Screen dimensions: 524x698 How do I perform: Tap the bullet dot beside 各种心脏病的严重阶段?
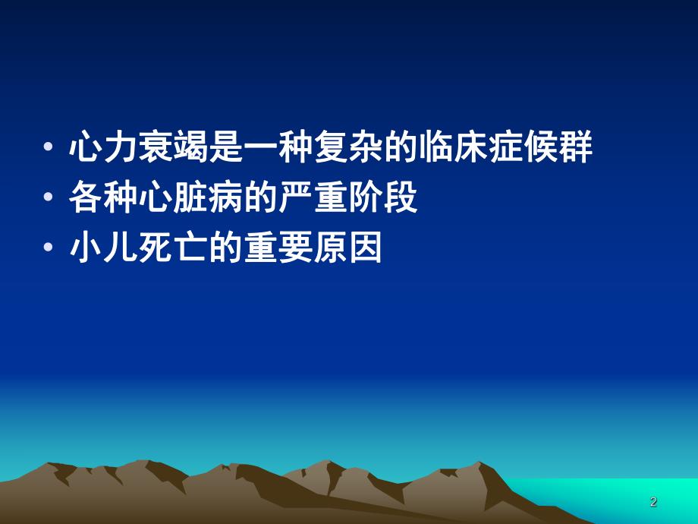(x=49, y=199)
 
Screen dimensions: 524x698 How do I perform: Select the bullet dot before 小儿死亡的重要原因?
(x=49, y=249)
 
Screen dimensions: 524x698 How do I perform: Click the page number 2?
(x=653, y=502)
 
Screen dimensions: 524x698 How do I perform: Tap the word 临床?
(x=453, y=148)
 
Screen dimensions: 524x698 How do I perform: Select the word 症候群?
(x=541, y=148)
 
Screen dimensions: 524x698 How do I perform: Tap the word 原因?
(x=348, y=248)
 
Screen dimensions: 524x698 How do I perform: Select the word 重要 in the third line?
(x=278, y=248)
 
